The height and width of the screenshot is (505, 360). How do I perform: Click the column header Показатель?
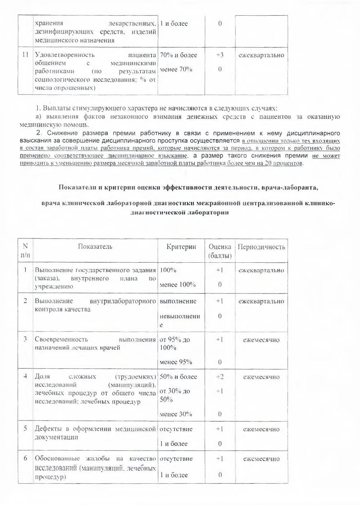point(95,247)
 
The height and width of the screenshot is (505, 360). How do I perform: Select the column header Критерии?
point(181,247)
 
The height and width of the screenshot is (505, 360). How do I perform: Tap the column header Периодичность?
point(261,247)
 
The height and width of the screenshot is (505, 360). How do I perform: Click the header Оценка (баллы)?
point(220,251)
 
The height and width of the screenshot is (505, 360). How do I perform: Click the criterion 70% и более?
point(178,55)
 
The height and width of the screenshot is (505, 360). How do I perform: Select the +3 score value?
point(220,55)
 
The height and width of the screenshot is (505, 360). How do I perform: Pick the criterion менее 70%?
point(176,69)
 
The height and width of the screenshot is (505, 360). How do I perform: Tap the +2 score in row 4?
point(220,377)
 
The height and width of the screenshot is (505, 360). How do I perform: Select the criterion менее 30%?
point(176,414)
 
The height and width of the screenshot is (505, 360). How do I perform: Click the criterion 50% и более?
point(178,377)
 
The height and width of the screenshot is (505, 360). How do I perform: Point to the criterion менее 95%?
point(176,362)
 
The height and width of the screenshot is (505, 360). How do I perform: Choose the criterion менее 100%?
point(178,285)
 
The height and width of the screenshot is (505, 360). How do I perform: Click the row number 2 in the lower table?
point(25,301)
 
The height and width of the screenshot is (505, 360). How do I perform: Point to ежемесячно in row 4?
point(261,377)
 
